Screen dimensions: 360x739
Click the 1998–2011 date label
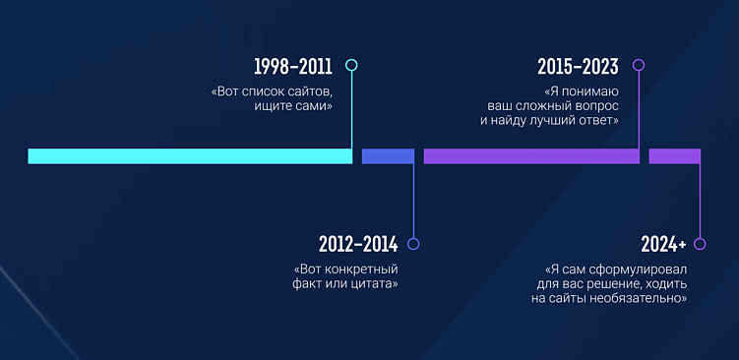pyautogui.click(x=292, y=67)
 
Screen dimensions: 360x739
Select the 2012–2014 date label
pyautogui.click(x=356, y=244)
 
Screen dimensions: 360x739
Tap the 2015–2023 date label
pyautogui.click(x=578, y=67)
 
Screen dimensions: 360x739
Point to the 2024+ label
pyautogui.click(x=663, y=244)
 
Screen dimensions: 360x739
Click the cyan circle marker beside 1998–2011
pyautogui.click(x=351, y=66)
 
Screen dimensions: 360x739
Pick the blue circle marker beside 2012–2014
pyautogui.click(x=413, y=244)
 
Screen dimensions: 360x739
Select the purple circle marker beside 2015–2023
pyautogui.click(x=638, y=66)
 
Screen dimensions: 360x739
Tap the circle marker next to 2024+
pyautogui.click(x=700, y=244)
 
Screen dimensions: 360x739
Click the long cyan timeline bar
pyautogui.click(x=190, y=156)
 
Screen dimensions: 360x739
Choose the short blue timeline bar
pyautogui.click(x=388, y=156)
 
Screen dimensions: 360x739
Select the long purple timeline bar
pyautogui.click(x=531, y=156)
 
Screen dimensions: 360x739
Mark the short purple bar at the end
pyautogui.click(x=674, y=156)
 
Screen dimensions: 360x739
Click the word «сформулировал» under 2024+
pyautogui.click(x=639, y=269)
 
